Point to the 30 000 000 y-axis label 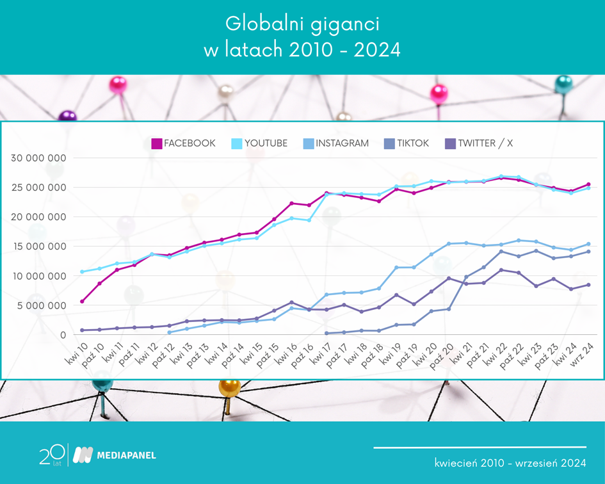(39, 157)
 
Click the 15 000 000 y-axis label (39, 246)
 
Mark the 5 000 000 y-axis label (42, 305)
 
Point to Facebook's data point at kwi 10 (82, 301)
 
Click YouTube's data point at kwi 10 (82, 271)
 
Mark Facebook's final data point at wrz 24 (588, 184)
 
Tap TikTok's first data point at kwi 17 (327, 333)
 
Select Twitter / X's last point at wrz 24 (588, 285)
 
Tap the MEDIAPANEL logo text (125, 455)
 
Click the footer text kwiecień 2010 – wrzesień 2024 (510, 462)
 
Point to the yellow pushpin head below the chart (229, 387)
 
